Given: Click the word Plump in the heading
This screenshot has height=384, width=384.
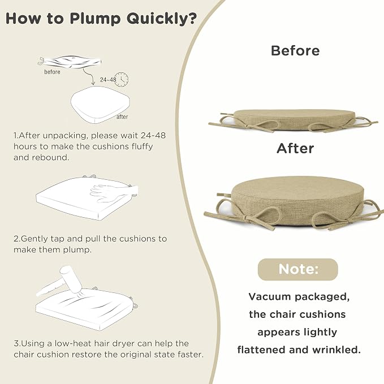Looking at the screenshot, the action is coord(95,19).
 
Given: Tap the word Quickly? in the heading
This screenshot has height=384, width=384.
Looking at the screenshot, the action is coord(162,19).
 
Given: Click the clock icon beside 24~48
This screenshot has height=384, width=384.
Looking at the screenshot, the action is coord(122,79).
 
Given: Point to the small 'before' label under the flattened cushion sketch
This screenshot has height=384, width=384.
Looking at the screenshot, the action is coord(52,72).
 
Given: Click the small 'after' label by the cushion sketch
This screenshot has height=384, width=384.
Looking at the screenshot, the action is coord(122,117).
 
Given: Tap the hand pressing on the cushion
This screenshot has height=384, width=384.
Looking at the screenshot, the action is coord(113,192).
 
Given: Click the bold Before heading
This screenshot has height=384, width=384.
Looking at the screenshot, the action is coord(295,51).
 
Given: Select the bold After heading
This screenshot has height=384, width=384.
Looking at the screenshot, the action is coord(295,148).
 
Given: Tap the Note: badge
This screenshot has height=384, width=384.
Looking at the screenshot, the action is coord(298,269).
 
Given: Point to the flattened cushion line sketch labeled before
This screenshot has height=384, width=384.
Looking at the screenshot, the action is coord(70,62).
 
